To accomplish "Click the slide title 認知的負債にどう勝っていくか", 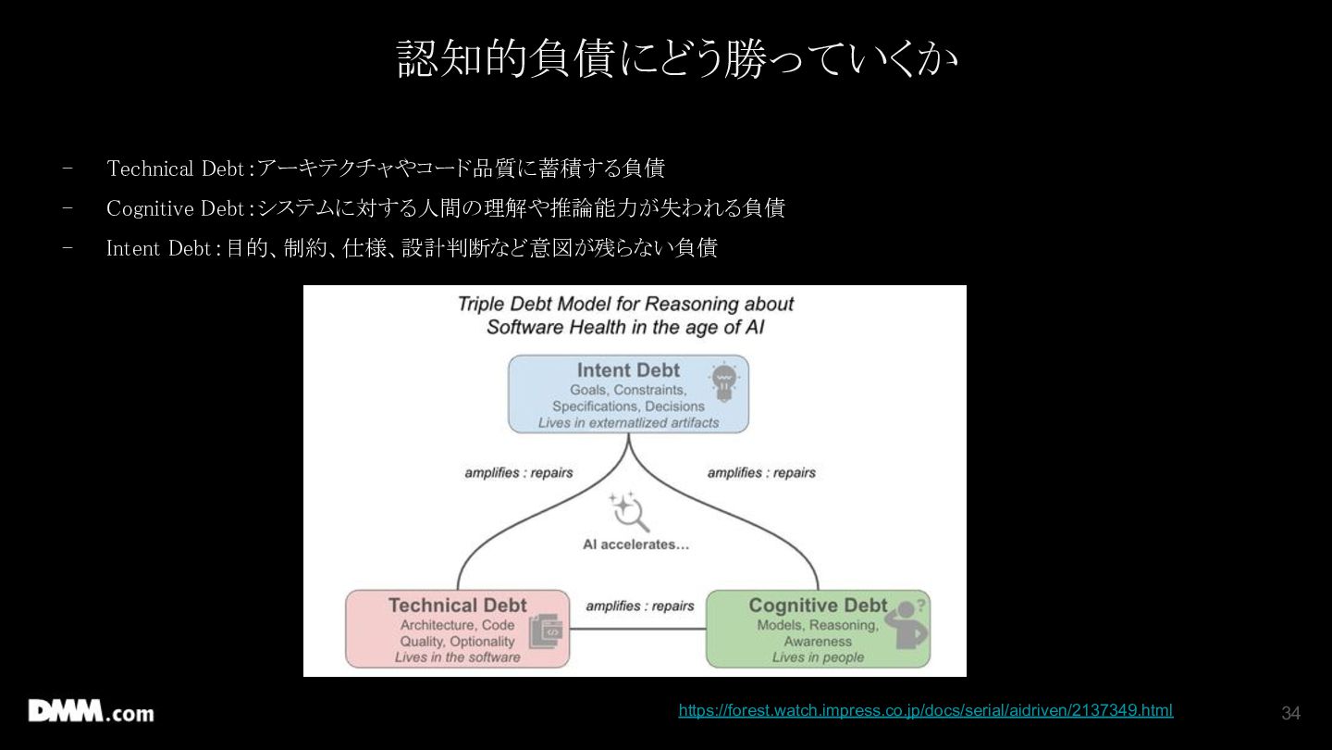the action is [x=677, y=58].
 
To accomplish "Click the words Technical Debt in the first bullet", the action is [x=176, y=169].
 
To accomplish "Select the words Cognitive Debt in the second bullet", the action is [x=176, y=208].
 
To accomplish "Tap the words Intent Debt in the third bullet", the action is [x=159, y=248].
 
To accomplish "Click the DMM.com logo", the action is [x=91, y=711].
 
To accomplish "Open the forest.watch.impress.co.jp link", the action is [x=926, y=710].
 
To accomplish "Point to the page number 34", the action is [x=1290, y=713].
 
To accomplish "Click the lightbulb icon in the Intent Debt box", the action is [x=723, y=381].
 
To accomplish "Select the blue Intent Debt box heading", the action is [x=628, y=370].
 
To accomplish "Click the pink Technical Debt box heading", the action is [x=457, y=606].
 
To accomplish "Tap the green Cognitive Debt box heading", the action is [x=818, y=606].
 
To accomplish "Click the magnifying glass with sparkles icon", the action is [x=629, y=511].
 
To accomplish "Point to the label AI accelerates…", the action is [x=635, y=544].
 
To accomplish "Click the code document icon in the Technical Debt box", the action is [x=546, y=631].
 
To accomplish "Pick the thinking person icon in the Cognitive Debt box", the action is [x=906, y=624].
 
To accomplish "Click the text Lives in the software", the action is [x=457, y=657].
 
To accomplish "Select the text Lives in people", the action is [x=818, y=657].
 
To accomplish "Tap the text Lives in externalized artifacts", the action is [x=629, y=422].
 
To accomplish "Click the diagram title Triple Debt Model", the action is [x=625, y=316].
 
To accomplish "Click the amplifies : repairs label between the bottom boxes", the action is [x=640, y=606].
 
